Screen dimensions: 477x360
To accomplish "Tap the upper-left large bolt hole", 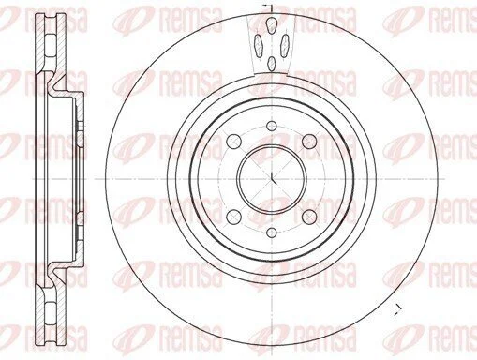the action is point(234,142).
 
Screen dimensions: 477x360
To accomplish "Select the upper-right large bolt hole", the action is point(310,142).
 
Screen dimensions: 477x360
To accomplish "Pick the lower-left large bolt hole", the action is point(234,217).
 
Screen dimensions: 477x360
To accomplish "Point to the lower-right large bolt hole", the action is point(310,217).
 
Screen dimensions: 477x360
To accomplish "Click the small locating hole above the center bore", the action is point(272,126).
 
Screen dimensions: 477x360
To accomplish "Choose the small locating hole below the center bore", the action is point(272,232).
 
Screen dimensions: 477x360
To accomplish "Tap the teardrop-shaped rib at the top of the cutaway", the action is point(272,25).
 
